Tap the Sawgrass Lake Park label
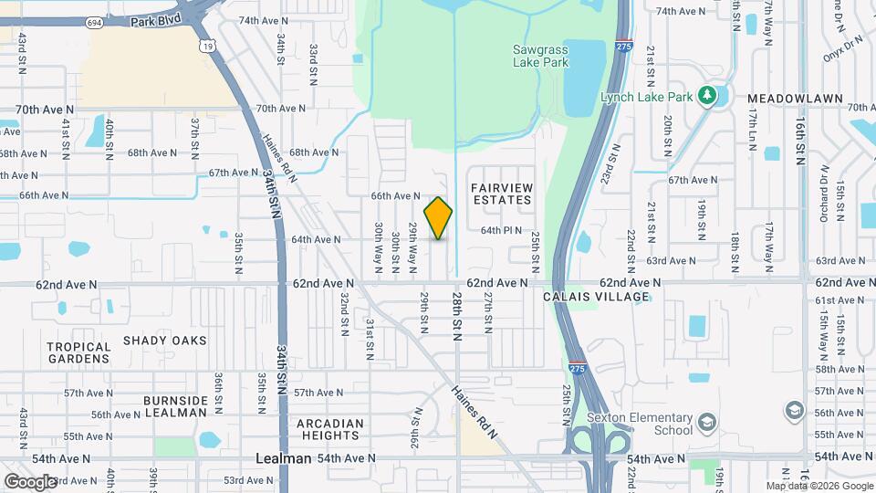pos(540,56)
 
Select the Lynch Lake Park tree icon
pos(704,96)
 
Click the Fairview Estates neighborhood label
pos(501,194)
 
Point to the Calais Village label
pos(609,297)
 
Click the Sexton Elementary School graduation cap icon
pos(706,422)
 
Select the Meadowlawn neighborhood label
pos(786,97)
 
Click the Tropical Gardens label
pos(78,352)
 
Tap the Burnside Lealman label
pos(175,406)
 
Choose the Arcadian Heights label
pos(330,429)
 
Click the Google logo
pos(30,481)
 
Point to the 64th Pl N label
pos(501,230)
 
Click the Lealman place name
pos(284,458)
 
